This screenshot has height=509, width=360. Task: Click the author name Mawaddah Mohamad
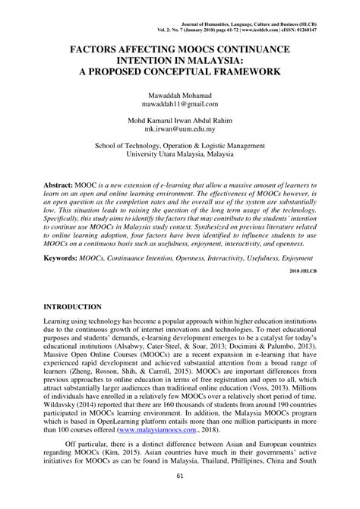179,95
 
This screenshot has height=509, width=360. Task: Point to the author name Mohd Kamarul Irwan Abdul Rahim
179,122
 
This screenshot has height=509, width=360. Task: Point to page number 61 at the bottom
179,496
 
